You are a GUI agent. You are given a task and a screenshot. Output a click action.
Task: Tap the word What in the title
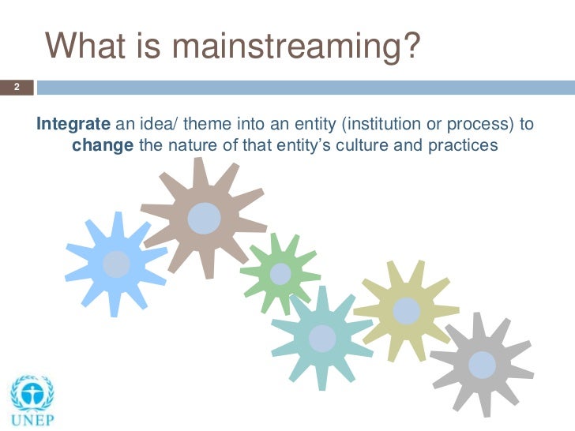tap(82, 47)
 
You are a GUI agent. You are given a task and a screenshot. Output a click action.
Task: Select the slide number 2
tap(15, 87)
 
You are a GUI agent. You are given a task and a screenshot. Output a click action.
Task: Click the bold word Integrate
tap(75, 124)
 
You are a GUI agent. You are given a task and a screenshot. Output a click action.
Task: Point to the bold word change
tap(103, 146)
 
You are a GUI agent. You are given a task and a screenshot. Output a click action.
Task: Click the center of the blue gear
tap(117, 263)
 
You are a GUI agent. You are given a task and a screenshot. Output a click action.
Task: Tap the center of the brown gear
tap(204, 218)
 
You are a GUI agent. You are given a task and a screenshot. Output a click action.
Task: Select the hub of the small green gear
tap(280, 274)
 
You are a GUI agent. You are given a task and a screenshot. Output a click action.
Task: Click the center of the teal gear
tap(321, 338)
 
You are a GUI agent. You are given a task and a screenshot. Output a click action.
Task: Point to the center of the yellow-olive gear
tap(407, 310)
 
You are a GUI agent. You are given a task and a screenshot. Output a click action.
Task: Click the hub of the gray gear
tap(482, 364)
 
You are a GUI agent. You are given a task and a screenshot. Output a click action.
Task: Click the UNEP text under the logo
tap(32, 419)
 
